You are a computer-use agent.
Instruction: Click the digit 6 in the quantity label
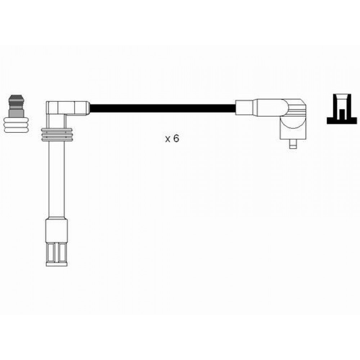(176, 139)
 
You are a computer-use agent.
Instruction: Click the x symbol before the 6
(168, 139)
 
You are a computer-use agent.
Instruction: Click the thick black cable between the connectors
(163, 108)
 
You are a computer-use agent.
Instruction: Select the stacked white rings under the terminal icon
(16, 125)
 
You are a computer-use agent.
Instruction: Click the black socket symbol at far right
(342, 109)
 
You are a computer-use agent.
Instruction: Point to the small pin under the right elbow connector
(293, 144)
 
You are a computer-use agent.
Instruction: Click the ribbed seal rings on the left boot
(57, 135)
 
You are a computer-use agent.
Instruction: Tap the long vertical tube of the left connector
(57, 179)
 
